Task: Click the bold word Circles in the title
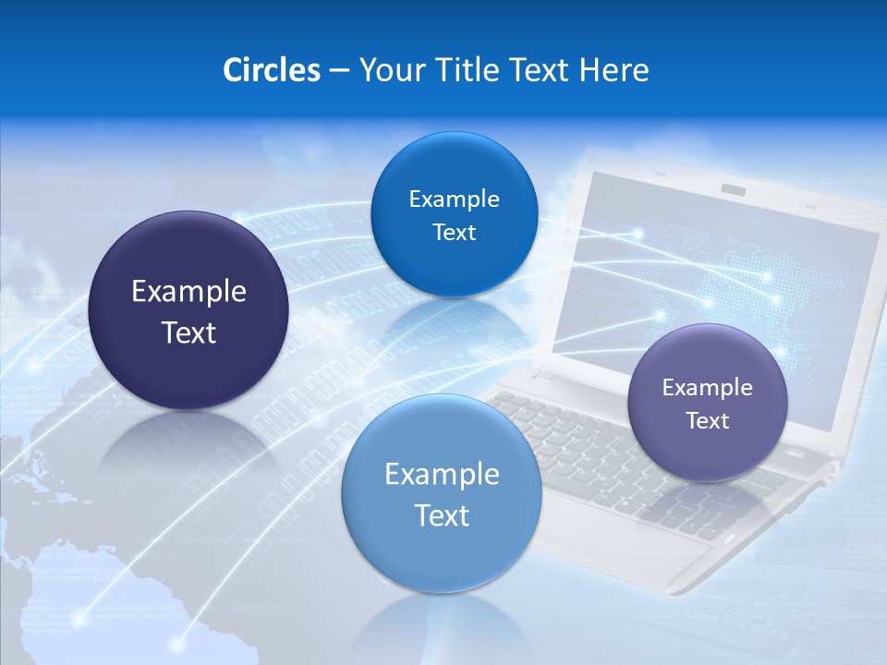pos(272,70)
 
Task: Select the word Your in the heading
pos(388,70)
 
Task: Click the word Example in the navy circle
pos(188,292)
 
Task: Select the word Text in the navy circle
pos(188,333)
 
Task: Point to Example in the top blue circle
pos(454,199)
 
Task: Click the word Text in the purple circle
pos(708,421)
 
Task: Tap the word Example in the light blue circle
pos(442,475)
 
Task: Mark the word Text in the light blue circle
pos(442,515)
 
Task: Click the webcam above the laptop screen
pos(734,189)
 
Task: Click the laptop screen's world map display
pos(730,277)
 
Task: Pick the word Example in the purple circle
pos(708,388)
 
